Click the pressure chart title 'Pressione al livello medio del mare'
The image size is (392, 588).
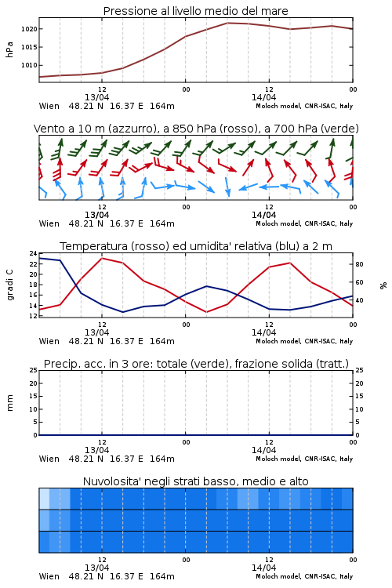[x=195, y=11]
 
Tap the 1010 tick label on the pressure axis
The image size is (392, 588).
[x=29, y=65]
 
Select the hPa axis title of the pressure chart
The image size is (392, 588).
[x=9, y=49]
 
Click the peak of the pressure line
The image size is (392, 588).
[x=227, y=23]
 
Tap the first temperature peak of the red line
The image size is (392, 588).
[x=102, y=258]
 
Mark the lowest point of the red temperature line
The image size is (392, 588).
[x=206, y=312]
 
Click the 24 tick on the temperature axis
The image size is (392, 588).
[x=33, y=253]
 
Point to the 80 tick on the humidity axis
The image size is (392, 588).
[x=359, y=264]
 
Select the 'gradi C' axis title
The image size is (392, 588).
[x=9, y=285]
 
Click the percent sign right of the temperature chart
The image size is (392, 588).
[x=383, y=285]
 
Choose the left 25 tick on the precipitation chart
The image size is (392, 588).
[x=33, y=370]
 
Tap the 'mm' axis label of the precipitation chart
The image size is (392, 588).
[x=9, y=403]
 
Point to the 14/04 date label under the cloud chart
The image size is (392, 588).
[x=263, y=568]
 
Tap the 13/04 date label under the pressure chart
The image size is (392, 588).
[x=96, y=97]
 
